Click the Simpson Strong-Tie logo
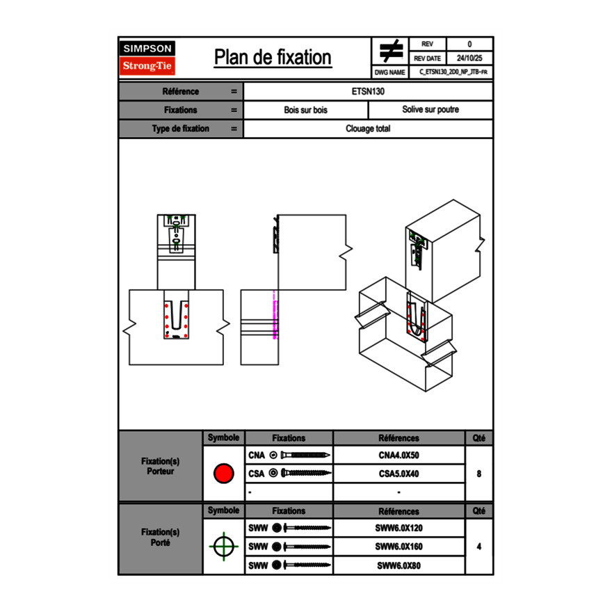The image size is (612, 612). (x=147, y=58)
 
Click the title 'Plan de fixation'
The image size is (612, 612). (x=273, y=57)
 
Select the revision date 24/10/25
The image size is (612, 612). (x=469, y=58)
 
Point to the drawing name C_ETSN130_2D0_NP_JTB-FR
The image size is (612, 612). (x=452, y=72)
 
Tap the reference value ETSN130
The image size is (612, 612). (x=368, y=91)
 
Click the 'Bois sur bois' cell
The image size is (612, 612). (x=305, y=110)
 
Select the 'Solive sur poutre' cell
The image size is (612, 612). (x=430, y=110)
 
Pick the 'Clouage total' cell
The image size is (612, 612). (x=368, y=129)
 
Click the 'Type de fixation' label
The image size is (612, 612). (x=180, y=129)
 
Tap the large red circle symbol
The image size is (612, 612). (x=223, y=474)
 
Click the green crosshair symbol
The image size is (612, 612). (x=223, y=546)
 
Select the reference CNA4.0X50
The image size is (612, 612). (x=398, y=456)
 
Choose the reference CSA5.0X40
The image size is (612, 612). (x=398, y=474)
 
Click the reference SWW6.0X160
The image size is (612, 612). (x=398, y=547)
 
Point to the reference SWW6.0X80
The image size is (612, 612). (x=398, y=565)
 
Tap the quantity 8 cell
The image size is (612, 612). (x=478, y=474)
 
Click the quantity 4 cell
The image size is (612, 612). (x=478, y=547)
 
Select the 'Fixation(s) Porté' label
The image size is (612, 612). (x=160, y=538)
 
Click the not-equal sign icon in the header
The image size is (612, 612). (x=391, y=51)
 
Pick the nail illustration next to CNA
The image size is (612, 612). (x=306, y=456)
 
